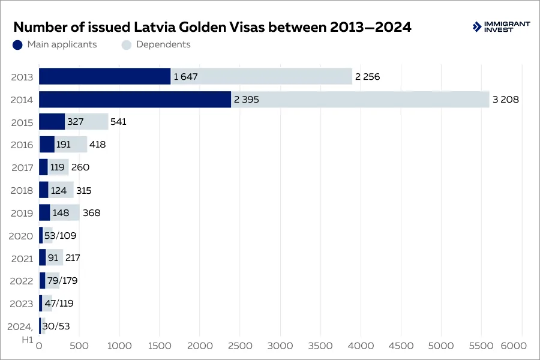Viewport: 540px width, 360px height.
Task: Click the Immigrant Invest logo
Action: point(500,27)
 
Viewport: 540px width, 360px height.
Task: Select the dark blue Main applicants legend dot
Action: point(17,44)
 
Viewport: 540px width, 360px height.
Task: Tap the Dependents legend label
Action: point(163,44)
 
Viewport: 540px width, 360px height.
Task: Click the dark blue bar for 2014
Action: point(135,100)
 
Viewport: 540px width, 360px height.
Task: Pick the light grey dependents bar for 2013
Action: point(261,76)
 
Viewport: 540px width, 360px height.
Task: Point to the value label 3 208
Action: point(505,100)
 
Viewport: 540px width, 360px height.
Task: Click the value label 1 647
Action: point(185,77)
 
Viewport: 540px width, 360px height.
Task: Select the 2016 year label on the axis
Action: point(22,145)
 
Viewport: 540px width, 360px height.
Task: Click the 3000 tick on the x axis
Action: point(280,346)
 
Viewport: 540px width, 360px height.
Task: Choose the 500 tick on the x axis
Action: point(79,346)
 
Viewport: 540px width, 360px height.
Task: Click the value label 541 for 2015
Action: point(118,122)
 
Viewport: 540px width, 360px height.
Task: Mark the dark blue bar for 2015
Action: point(52,122)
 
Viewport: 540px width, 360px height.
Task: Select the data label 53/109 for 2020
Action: point(60,235)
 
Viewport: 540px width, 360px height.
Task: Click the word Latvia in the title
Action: point(154,27)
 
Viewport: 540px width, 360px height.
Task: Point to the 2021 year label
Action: point(22,258)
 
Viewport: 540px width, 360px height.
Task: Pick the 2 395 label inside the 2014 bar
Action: point(246,100)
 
